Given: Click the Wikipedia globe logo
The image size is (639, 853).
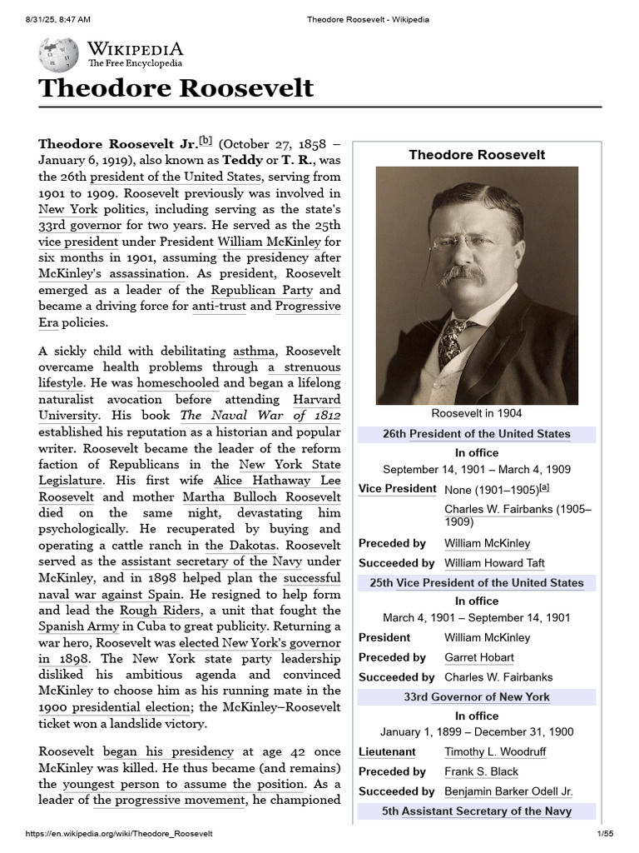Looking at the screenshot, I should [x=58, y=54].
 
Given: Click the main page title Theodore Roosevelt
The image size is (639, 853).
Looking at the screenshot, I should [x=176, y=88].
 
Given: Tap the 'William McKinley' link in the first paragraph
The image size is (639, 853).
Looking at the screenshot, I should [x=261, y=242].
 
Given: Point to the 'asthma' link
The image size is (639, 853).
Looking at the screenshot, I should [x=253, y=352].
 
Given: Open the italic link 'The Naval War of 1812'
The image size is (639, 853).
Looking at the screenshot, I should [x=260, y=416].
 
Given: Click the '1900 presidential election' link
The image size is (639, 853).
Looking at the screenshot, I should [x=114, y=707].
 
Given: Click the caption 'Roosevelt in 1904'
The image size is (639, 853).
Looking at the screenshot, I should [x=477, y=413].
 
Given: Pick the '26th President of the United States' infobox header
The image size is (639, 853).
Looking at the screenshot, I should [x=477, y=434].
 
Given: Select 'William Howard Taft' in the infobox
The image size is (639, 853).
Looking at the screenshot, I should [x=494, y=563].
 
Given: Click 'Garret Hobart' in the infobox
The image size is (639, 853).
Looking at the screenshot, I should [x=479, y=657].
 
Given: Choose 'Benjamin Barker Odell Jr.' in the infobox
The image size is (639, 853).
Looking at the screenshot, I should [x=508, y=791].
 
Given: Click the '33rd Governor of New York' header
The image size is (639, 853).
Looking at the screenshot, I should [x=477, y=696].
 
